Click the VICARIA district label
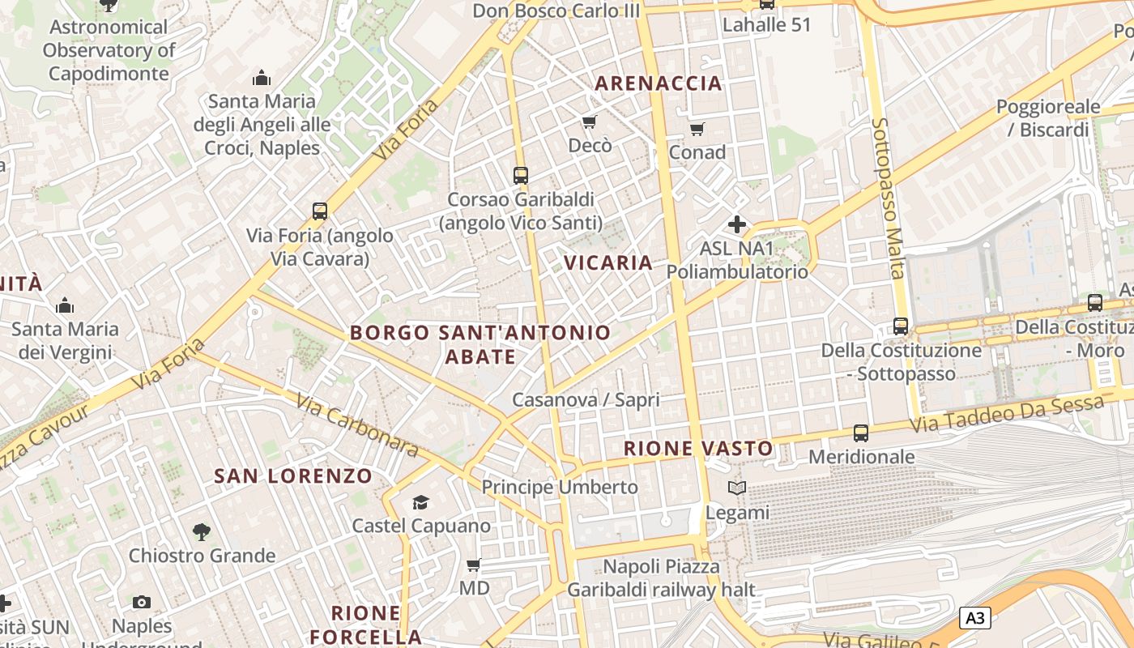[608, 262]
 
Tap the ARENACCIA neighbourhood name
[659, 83]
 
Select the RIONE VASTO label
[698, 448]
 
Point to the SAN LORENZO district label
[293, 476]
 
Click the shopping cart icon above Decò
[590, 122]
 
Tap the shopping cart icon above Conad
[697, 129]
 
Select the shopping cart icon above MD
[474, 565]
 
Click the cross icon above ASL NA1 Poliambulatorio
[737, 224]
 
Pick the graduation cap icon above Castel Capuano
[420, 502]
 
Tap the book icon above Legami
[737, 488]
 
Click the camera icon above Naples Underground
[142, 602]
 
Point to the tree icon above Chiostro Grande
[202, 532]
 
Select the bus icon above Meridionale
[861, 433]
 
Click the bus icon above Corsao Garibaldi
[521, 175]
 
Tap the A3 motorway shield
[975, 618]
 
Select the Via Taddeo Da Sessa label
[1006, 414]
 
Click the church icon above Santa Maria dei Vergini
[65, 305]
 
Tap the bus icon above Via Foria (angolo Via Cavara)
[320, 211]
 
